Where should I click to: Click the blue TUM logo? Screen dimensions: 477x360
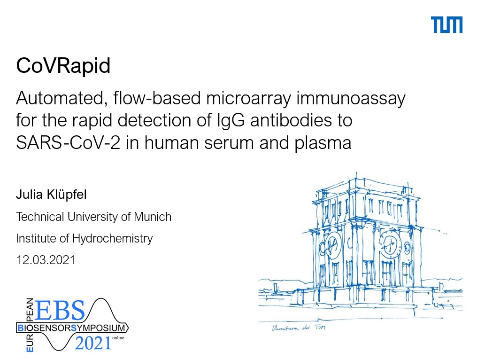pyautogui.click(x=446, y=24)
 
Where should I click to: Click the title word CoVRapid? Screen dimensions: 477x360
pyautogui.click(x=63, y=66)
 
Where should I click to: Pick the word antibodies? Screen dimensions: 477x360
pyautogui.click(x=291, y=120)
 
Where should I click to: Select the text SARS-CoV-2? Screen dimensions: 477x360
pyautogui.click(x=68, y=142)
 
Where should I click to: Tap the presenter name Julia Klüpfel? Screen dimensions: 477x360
pyautogui.click(x=51, y=195)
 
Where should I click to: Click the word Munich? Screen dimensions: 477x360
pyautogui.click(x=153, y=217)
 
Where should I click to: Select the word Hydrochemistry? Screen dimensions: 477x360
pyautogui.click(x=112, y=238)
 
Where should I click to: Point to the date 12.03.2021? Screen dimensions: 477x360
pyautogui.click(x=46, y=260)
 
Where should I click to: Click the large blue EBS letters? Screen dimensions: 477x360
pyautogui.click(x=59, y=310)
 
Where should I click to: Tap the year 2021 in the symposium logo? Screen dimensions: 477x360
pyautogui.click(x=93, y=343)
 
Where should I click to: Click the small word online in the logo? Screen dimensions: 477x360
pyautogui.click(x=118, y=338)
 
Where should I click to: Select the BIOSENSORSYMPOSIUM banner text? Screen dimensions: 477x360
pyautogui.click(x=71, y=328)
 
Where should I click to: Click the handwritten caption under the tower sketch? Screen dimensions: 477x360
pyautogui.click(x=299, y=328)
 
